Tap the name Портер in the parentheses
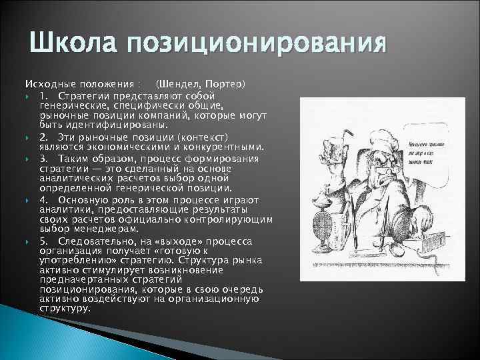pos(226,85)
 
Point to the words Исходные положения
pos(79,85)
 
